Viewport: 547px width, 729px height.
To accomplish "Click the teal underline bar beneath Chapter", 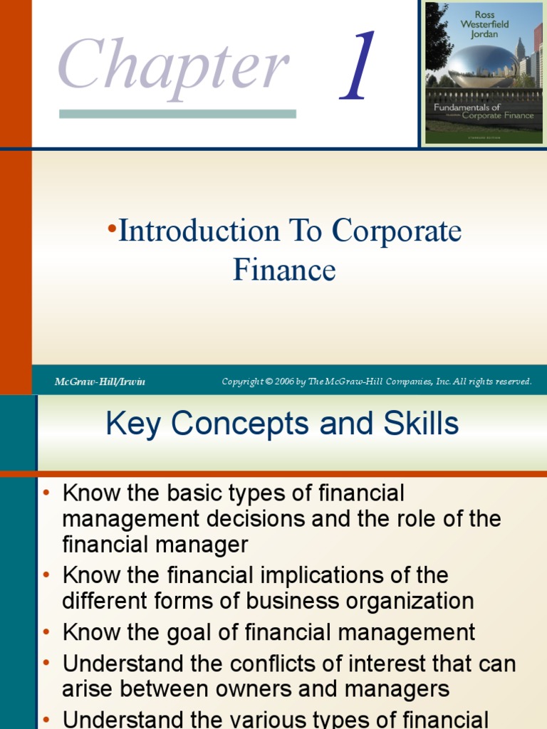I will point(177,114).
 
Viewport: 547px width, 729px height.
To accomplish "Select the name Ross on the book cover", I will point(484,14).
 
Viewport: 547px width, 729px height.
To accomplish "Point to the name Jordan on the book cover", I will point(484,34).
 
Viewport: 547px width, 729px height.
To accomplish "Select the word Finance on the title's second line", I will point(283,271).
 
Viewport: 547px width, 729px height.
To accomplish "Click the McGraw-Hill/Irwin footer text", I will point(100,382).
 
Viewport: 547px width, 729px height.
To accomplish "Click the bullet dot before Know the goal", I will point(46,632).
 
